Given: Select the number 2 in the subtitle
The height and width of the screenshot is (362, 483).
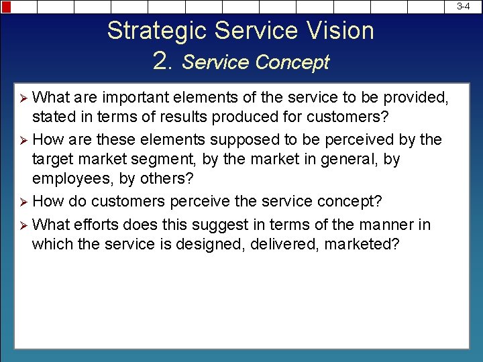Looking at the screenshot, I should (x=162, y=62).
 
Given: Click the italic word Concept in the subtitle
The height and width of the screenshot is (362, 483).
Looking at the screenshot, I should (x=292, y=62).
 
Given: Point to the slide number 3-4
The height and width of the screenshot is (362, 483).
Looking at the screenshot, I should (x=463, y=6).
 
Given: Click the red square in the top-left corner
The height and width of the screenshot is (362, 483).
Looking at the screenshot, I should (x=6, y=6).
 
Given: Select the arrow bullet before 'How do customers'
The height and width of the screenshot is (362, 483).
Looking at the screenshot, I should (x=24, y=201).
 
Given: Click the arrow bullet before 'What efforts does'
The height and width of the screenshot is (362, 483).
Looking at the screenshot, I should (x=24, y=225).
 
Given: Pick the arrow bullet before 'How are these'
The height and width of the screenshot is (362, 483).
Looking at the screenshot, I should (x=24, y=140).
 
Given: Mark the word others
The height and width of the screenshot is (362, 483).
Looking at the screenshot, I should (x=168, y=179).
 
